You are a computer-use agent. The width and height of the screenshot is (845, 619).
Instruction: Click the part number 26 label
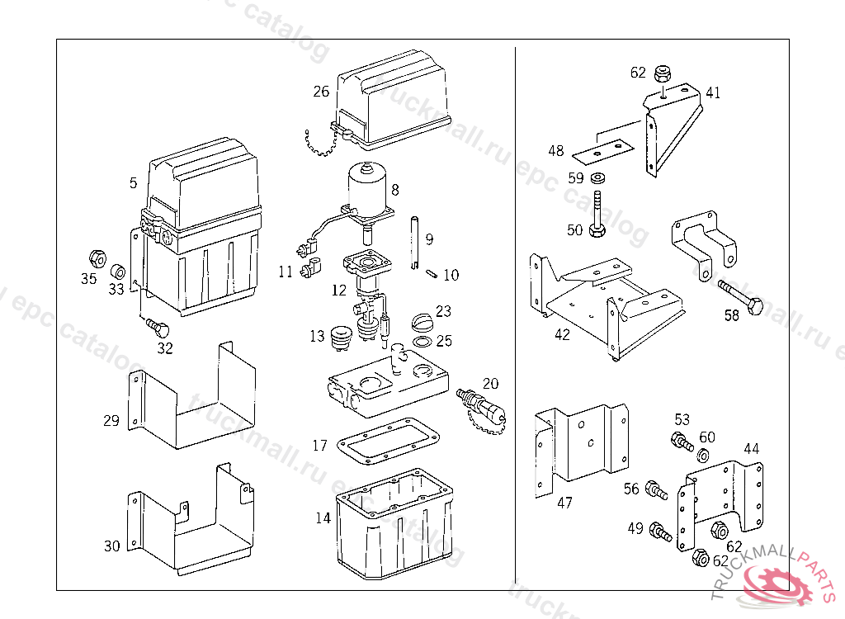[x=321, y=91]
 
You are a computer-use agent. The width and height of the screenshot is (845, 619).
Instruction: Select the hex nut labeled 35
[x=94, y=257]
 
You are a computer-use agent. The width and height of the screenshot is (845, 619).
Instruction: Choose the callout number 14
[x=323, y=518]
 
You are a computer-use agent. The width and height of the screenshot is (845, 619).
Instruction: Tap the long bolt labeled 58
[x=739, y=296]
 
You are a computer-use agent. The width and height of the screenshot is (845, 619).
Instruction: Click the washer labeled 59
[x=597, y=177]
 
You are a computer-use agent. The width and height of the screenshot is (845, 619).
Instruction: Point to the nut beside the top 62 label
[x=662, y=73]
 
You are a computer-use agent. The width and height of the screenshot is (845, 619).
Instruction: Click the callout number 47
[x=564, y=503]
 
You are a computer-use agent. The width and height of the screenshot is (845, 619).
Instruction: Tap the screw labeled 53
[x=682, y=442]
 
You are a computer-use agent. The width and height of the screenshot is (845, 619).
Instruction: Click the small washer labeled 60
[x=703, y=455]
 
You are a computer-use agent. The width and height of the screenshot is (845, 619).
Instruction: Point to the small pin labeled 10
[x=432, y=273]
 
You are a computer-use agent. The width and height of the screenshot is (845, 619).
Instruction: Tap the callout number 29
[x=111, y=421]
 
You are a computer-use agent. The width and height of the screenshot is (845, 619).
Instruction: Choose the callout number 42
[x=562, y=335]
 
